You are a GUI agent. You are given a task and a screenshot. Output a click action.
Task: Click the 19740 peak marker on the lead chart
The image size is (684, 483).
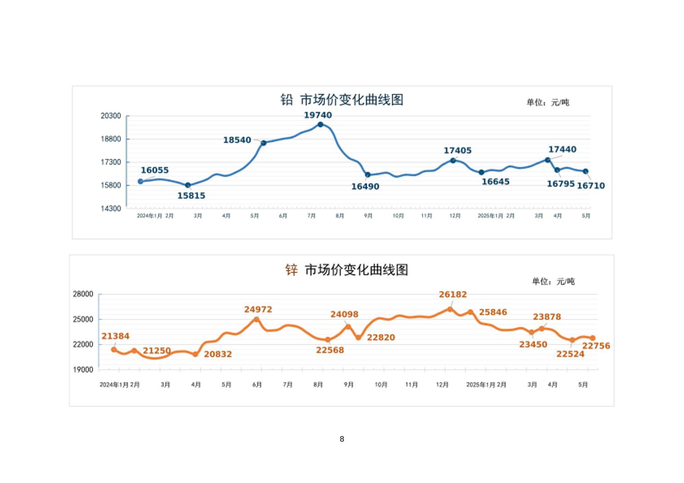pyautogui.click(x=320, y=125)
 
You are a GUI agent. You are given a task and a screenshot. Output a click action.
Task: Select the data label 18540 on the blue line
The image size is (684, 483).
pyautogui.click(x=237, y=140)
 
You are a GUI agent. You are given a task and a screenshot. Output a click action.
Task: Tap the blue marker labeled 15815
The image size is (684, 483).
pyautogui.click(x=188, y=185)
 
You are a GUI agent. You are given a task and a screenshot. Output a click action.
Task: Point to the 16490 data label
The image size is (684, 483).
pyautogui.click(x=365, y=187)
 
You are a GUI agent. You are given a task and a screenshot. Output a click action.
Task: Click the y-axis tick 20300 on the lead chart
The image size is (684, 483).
pyautogui.click(x=111, y=116)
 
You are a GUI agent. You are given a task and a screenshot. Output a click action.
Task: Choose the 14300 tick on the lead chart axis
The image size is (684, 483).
pyautogui.click(x=111, y=209)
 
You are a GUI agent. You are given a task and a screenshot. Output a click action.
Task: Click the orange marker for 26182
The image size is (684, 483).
pyautogui.click(x=450, y=309)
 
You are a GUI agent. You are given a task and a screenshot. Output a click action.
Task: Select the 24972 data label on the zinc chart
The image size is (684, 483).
pyautogui.click(x=258, y=309)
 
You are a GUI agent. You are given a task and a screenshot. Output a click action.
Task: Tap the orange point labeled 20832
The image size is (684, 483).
pyautogui.click(x=195, y=354)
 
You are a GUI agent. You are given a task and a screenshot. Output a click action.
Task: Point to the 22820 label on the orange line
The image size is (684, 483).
pyautogui.click(x=381, y=337)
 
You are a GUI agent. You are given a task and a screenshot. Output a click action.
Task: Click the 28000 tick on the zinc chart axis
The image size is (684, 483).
pyautogui.click(x=83, y=294)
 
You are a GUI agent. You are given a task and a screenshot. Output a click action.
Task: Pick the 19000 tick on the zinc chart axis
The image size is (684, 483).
pyautogui.click(x=83, y=370)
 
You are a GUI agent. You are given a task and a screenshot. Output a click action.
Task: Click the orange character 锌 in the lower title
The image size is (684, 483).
pyautogui.click(x=292, y=270)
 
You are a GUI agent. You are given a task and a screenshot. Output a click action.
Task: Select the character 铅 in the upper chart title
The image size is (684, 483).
pyautogui.click(x=287, y=100)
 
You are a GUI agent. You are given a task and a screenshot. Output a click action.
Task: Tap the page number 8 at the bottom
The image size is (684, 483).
pyautogui.click(x=342, y=439)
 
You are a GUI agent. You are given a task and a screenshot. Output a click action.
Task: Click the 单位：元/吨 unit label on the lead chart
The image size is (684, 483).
pyautogui.click(x=548, y=103)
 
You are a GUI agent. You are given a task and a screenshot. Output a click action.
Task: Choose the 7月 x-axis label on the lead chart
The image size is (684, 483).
pyautogui.click(x=311, y=216)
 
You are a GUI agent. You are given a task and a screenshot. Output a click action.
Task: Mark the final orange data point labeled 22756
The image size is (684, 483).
pyautogui.click(x=593, y=338)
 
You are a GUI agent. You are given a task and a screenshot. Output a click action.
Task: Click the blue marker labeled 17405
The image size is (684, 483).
pyautogui.click(x=453, y=161)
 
